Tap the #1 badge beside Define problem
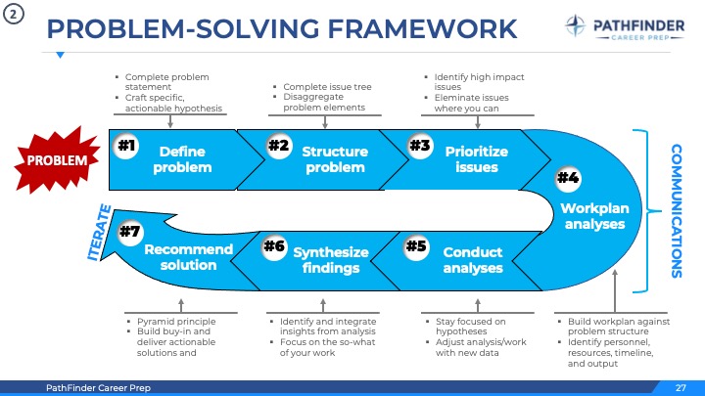125,147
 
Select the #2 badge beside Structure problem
278,146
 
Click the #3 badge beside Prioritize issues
420,146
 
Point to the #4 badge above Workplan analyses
568,177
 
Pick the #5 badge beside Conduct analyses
416,245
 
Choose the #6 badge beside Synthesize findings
274,245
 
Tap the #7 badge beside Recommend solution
128,232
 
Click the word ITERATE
98,231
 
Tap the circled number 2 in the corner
14,16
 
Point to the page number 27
681,388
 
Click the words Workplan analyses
594,216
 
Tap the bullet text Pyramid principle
176,321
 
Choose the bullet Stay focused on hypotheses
470,326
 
